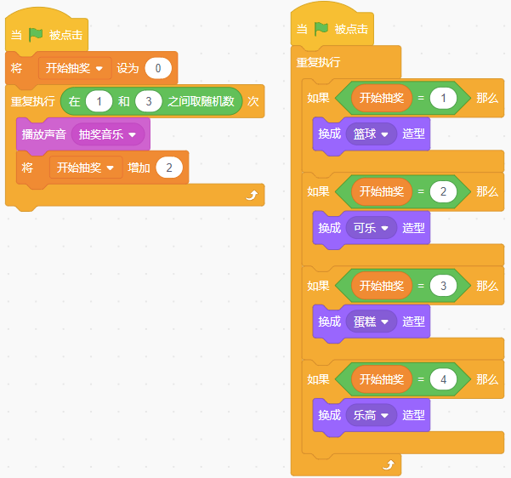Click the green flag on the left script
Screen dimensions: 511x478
coord(36,35)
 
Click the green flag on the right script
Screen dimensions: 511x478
coord(321,29)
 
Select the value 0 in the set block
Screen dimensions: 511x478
coord(158,68)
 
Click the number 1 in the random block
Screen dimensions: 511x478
coord(99,101)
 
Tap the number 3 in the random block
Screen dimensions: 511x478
coord(149,101)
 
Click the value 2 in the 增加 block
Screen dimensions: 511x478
coord(169,168)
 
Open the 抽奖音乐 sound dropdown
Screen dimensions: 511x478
coord(108,134)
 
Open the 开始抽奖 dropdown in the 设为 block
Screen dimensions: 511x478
coord(75,68)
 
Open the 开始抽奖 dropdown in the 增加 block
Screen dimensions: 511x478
coord(86,168)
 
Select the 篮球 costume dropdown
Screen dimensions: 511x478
coord(372,134)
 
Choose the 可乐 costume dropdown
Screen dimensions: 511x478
coord(372,228)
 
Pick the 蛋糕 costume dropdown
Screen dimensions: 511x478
coord(372,322)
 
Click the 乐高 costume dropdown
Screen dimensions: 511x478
coord(372,415)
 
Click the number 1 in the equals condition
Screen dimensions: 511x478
coord(443,98)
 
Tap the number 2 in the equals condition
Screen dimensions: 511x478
coord(443,191)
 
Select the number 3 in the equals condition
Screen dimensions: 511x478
coord(443,286)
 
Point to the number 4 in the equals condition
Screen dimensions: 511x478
coord(443,379)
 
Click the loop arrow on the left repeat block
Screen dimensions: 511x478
coord(252,195)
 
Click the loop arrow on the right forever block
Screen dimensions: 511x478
coord(389,465)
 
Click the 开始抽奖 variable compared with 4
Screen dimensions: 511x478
coord(382,379)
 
